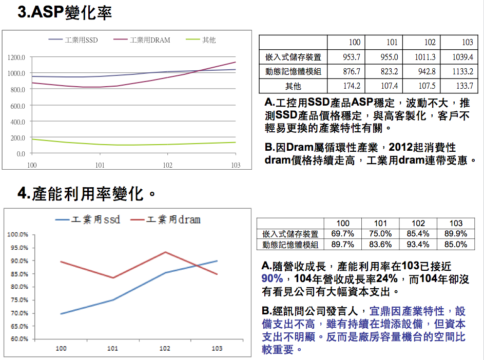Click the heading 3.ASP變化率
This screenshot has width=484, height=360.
65,13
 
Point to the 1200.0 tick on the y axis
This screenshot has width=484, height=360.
16,57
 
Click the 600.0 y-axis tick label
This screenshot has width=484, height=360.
17,106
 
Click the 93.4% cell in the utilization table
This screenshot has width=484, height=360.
418,245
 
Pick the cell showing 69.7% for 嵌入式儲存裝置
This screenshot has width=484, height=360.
342,234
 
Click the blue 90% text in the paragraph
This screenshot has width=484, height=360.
272,279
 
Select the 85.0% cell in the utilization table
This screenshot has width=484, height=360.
456,245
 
